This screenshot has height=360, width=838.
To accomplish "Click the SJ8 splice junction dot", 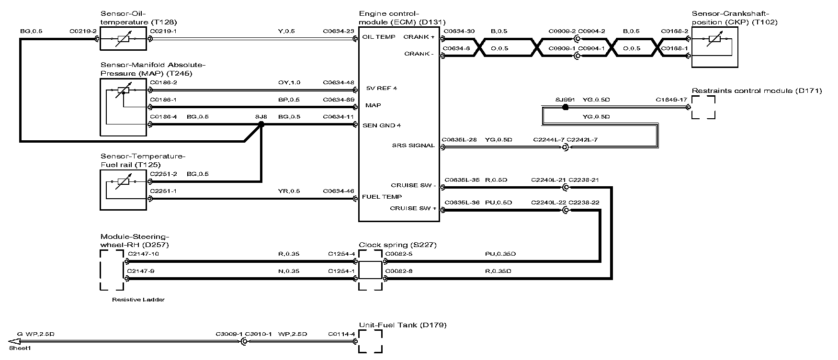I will (x=261, y=124).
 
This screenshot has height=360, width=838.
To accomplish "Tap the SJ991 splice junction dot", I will (x=565, y=107).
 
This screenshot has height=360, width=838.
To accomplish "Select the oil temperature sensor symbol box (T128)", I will (x=123, y=38).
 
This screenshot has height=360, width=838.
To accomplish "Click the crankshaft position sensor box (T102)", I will (x=714, y=47).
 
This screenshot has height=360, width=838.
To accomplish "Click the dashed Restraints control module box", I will (x=703, y=107).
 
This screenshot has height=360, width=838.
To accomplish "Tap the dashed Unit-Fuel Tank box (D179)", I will (x=371, y=341).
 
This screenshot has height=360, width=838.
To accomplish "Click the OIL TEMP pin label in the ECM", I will (x=379, y=37).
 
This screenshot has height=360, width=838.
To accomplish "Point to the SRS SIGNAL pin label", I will (x=413, y=146).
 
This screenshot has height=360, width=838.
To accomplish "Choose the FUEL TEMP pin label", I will (x=382, y=197).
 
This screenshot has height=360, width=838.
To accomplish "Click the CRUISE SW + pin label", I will (x=413, y=208).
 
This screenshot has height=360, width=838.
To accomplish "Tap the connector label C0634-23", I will (x=339, y=31).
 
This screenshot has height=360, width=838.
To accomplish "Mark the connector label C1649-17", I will (x=671, y=100).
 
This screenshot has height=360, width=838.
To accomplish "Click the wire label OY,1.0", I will (x=289, y=82).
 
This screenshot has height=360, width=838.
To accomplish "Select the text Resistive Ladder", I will (x=138, y=300).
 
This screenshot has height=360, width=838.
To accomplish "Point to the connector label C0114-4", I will (x=341, y=334).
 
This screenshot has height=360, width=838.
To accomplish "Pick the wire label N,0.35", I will (x=289, y=271).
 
